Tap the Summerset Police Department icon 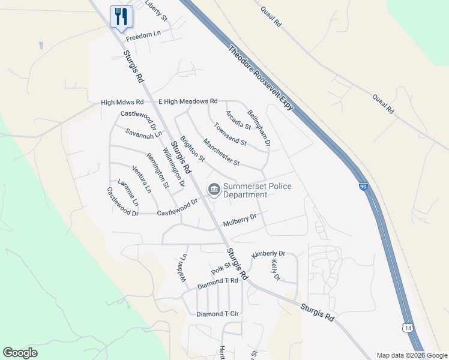point(214,190)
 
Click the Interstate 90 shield point(364,187)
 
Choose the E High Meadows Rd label point(187,102)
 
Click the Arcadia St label point(238,119)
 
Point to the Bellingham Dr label point(259,128)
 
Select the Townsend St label point(231,134)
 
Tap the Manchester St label point(221,152)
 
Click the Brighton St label point(193,149)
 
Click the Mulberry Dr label point(240,220)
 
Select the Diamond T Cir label point(218,314)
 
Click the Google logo point(20,353)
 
